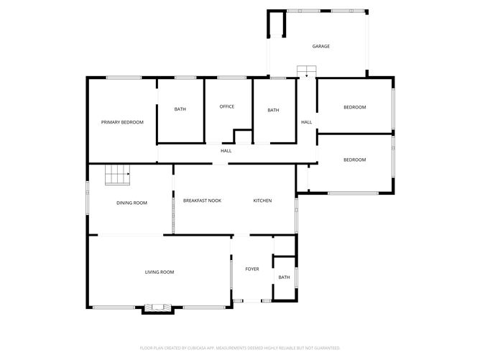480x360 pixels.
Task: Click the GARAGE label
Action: coord(320,47)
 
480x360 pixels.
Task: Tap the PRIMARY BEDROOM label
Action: coord(122,122)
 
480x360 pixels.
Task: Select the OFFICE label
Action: coord(226,107)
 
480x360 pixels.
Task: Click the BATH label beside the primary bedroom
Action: coord(180,109)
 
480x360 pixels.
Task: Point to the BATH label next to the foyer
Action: coord(284,277)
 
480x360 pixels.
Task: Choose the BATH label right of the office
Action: coord(273,110)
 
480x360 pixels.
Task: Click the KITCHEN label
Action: coord(262,200)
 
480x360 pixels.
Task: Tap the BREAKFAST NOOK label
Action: coord(202,200)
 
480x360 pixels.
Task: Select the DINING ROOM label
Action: coord(131,203)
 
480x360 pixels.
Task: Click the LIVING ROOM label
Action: coord(160,272)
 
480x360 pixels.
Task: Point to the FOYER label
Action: coord(251,270)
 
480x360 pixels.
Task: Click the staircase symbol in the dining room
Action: coord(118,175)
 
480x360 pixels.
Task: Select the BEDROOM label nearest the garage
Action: coord(354,107)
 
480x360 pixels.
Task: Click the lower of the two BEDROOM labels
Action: coord(354,160)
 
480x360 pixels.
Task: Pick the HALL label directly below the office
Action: coord(226,151)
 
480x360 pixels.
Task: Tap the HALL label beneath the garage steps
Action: coord(306,122)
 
